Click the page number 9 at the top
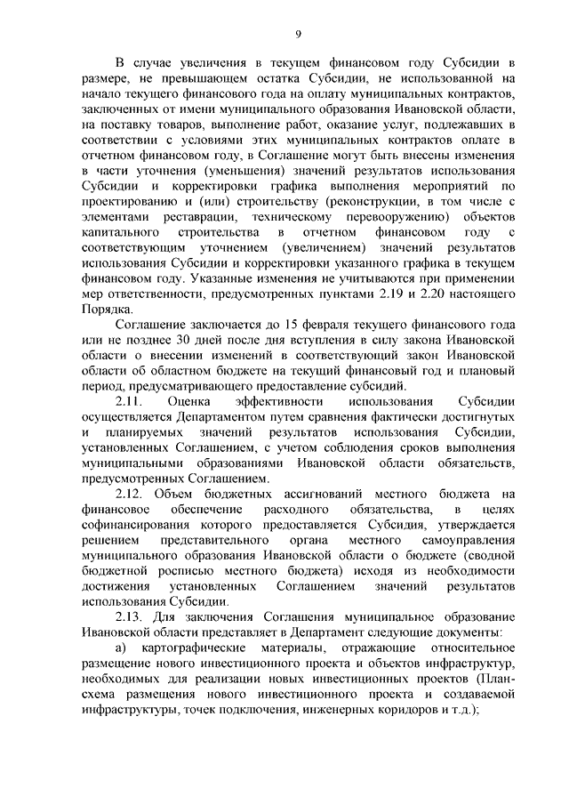coord(299,35)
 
